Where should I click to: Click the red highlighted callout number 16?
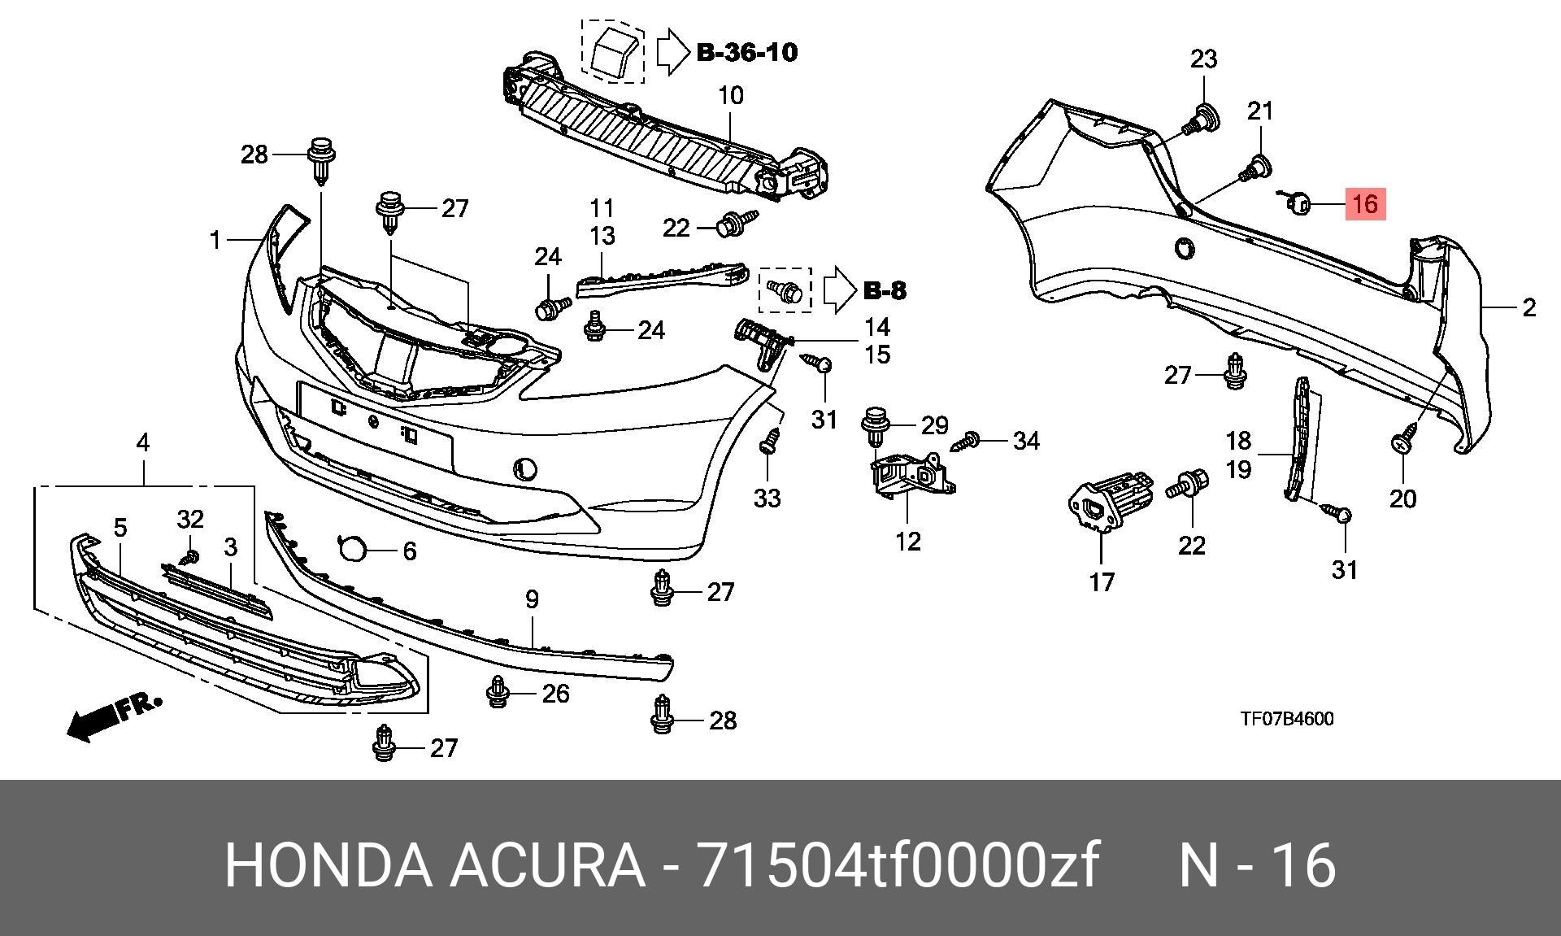click(1366, 202)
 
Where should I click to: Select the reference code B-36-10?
click(747, 52)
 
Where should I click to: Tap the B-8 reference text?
click(885, 290)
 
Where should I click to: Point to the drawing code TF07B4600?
click(1286, 719)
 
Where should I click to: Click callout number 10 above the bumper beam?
click(731, 96)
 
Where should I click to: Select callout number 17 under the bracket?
click(1102, 582)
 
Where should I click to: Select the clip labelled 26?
click(497, 693)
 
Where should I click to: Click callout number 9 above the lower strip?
click(532, 600)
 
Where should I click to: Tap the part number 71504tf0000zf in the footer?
click(900, 865)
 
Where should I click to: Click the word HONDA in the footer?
click(328, 865)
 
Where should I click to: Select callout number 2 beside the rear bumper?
click(1528, 308)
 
